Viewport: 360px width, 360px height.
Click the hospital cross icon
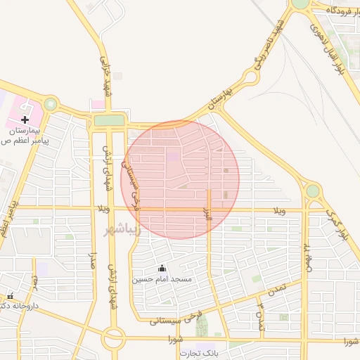coord(25,120)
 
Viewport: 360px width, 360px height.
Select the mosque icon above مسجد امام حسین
coord(162,268)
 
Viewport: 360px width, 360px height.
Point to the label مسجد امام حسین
coord(162,279)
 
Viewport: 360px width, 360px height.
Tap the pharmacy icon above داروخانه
coord(10,296)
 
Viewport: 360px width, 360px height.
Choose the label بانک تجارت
coord(199,353)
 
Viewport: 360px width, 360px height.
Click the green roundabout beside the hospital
coord(50,104)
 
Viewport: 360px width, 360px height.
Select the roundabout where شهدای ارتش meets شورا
coord(113,339)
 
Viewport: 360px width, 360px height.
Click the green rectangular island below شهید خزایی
coord(108,121)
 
